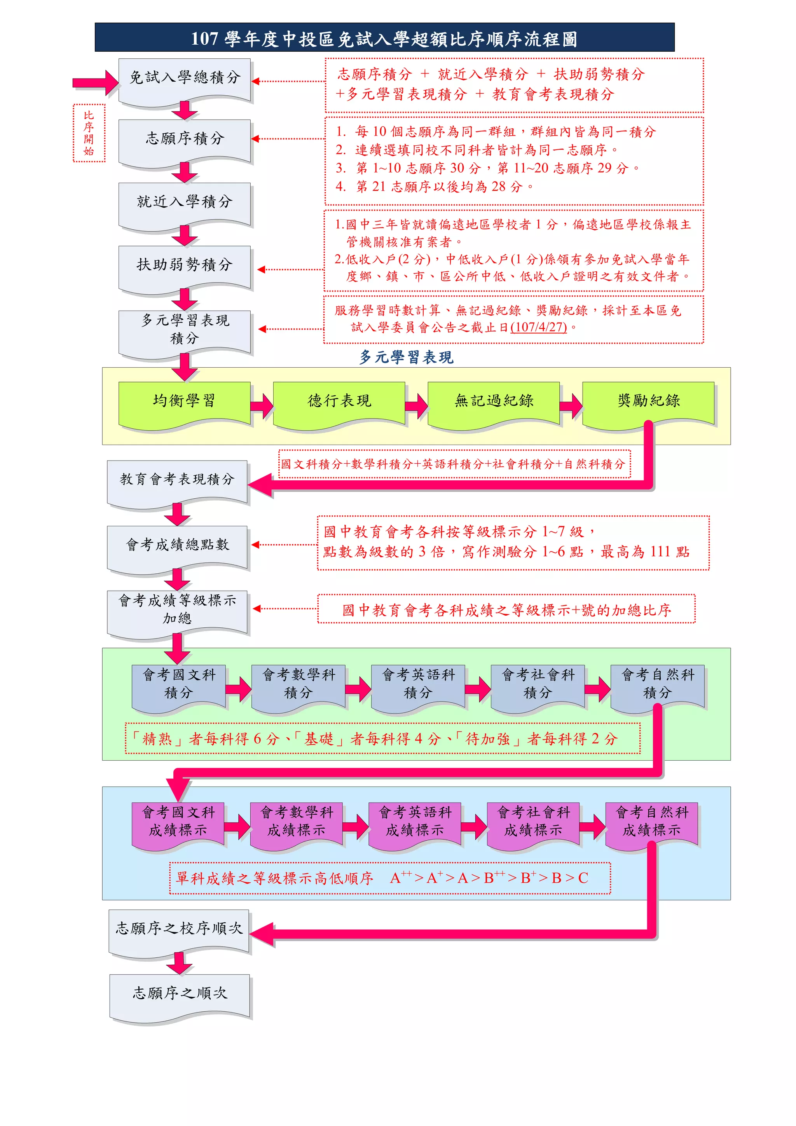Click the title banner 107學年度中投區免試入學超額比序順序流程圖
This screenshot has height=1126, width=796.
click(x=384, y=38)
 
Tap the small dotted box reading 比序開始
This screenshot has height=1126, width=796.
click(x=89, y=133)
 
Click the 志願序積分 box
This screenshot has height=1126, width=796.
click(x=184, y=139)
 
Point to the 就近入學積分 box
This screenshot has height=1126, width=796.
click(x=184, y=202)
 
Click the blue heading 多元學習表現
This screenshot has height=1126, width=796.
click(x=406, y=357)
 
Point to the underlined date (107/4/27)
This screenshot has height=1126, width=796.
click(x=539, y=327)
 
